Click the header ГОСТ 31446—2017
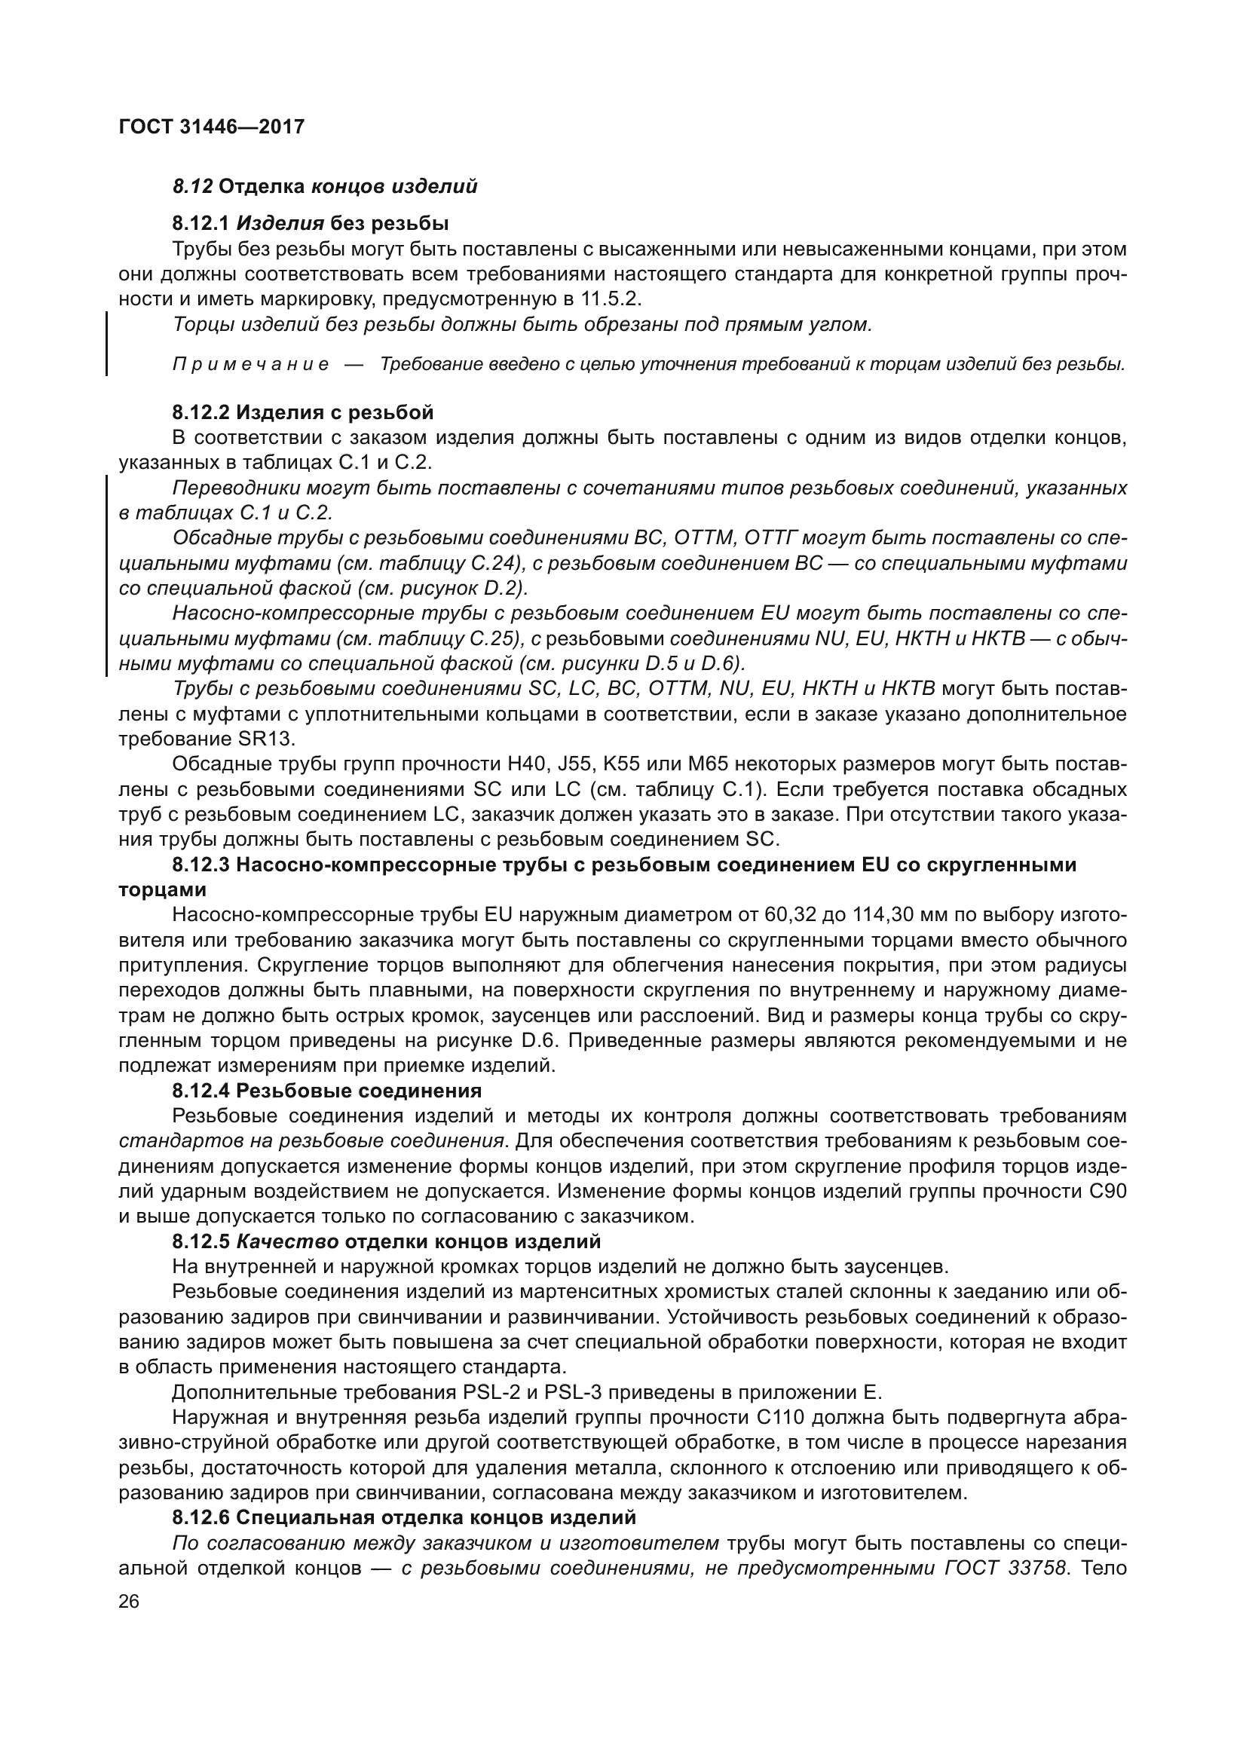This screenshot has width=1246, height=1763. click(212, 127)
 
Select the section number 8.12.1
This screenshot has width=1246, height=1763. click(201, 223)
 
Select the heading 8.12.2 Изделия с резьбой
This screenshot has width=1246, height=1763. click(302, 412)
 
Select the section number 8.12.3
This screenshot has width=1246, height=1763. click(201, 865)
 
